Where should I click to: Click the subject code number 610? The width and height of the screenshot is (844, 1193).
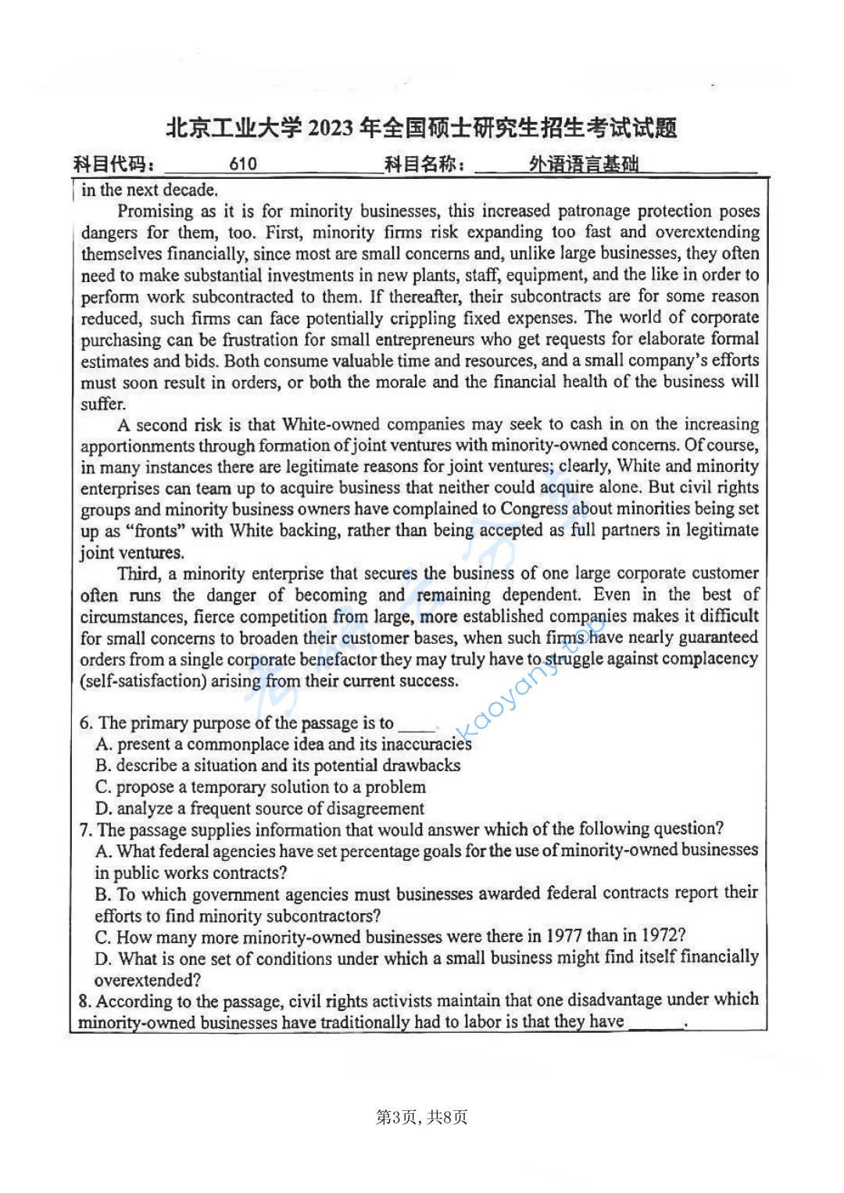(x=243, y=164)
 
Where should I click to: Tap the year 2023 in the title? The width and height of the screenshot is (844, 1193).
(x=331, y=128)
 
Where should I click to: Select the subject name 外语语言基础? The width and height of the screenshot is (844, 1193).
(x=584, y=164)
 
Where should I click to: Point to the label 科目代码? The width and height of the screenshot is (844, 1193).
(x=114, y=164)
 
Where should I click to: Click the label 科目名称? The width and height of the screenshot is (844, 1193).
(x=425, y=164)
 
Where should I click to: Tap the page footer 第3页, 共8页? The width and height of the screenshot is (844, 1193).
(x=421, y=1117)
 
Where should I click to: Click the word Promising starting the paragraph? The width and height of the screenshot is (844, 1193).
(x=155, y=211)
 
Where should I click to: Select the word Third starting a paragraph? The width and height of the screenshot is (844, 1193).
(x=138, y=573)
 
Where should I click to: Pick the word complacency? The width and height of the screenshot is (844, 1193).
(x=710, y=659)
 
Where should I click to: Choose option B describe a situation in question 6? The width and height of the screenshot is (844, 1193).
(x=278, y=766)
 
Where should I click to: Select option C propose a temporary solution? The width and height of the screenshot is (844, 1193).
(x=261, y=788)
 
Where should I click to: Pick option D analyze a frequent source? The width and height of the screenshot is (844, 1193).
(x=260, y=809)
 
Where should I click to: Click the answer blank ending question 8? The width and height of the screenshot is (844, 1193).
(x=656, y=1023)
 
